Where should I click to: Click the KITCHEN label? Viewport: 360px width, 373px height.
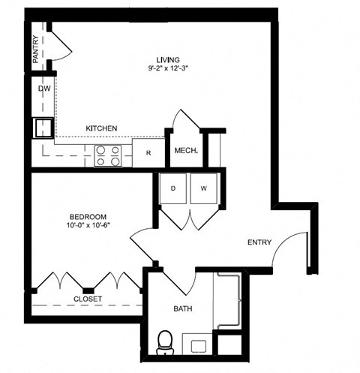coord(101,129)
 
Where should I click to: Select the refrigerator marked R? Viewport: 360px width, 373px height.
coord(148,152)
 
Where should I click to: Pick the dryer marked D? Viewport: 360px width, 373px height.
coord(172,187)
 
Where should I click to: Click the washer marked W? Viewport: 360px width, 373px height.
coord(204,187)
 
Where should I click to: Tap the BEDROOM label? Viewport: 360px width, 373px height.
coord(79,216)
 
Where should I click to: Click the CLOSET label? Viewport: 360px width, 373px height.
coord(87,299)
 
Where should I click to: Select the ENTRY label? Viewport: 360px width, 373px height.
coord(259,242)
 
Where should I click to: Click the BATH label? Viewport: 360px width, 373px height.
coord(184,308)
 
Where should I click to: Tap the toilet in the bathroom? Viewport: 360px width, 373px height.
coord(165,342)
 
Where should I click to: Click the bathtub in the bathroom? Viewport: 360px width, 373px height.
coord(228,301)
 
